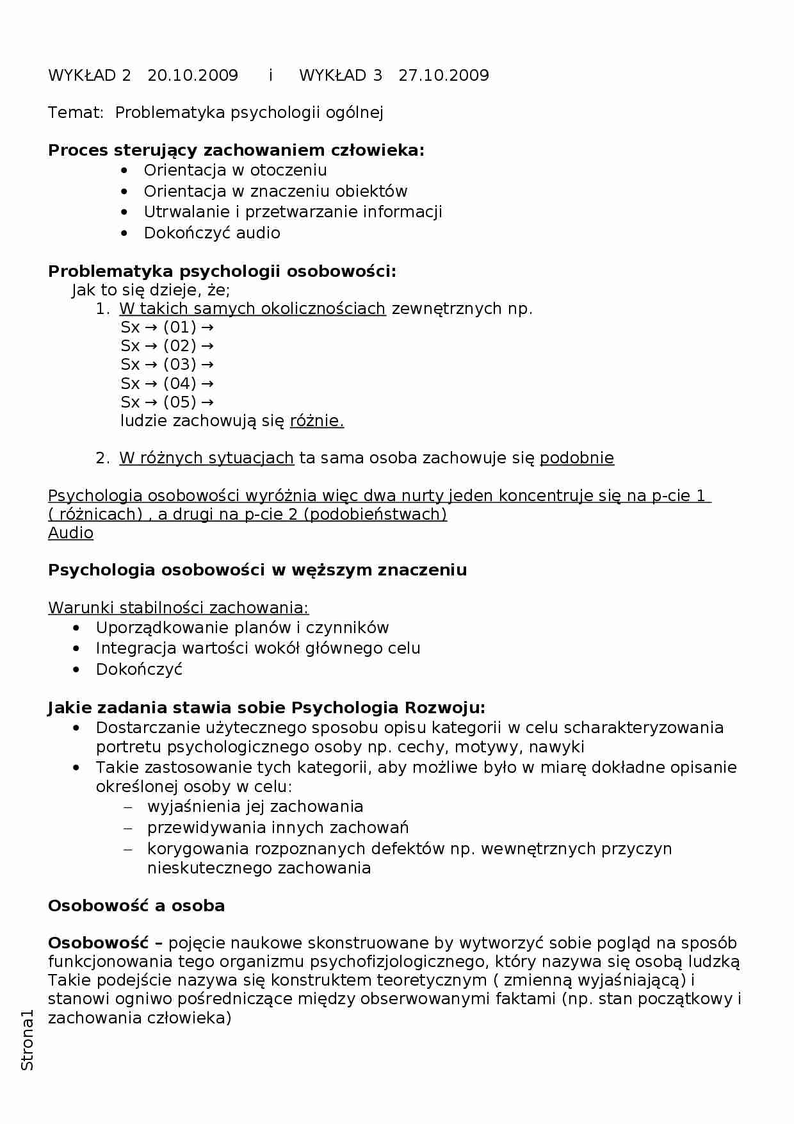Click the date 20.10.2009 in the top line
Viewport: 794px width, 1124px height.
pos(193,76)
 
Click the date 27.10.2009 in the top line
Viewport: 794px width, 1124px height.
pos(444,76)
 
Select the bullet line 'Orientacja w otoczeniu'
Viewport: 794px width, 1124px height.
pos(235,170)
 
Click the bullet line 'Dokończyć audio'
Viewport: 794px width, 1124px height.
pos(212,233)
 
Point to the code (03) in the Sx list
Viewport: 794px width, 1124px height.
pos(179,365)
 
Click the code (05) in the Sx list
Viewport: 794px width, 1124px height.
pos(179,402)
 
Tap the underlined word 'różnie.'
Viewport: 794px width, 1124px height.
pos(317,421)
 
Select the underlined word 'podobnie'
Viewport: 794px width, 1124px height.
pos(577,458)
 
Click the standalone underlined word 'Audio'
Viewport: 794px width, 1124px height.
pos(70,533)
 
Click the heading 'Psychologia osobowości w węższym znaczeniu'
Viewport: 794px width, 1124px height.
pos(257,570)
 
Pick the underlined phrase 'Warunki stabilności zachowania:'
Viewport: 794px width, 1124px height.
pos(178,607)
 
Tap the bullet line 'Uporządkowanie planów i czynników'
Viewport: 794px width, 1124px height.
pos(242,628)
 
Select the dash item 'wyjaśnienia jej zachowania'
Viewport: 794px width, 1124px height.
pos(255,807)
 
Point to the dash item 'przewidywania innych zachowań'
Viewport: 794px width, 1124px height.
pos(278,828)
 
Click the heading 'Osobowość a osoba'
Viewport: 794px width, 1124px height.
pos(136,906)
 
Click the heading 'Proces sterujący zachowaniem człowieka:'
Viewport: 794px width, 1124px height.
pos(236,151)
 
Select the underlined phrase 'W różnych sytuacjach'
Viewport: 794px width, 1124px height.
pos(206,458)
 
